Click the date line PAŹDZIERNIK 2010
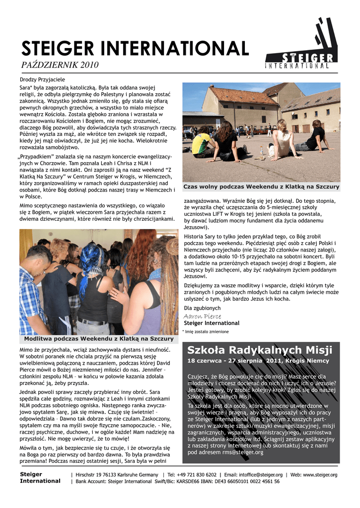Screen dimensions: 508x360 coord(60,65)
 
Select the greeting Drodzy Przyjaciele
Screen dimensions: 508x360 coord(43,79)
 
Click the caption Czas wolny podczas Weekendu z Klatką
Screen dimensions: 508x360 coord(262,187)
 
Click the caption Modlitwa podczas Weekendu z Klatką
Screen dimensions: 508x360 coord(99,339)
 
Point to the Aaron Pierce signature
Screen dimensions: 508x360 coord(203,316)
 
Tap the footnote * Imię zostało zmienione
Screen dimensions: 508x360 coord(206,331)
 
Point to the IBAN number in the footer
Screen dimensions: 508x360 coord(241,481)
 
